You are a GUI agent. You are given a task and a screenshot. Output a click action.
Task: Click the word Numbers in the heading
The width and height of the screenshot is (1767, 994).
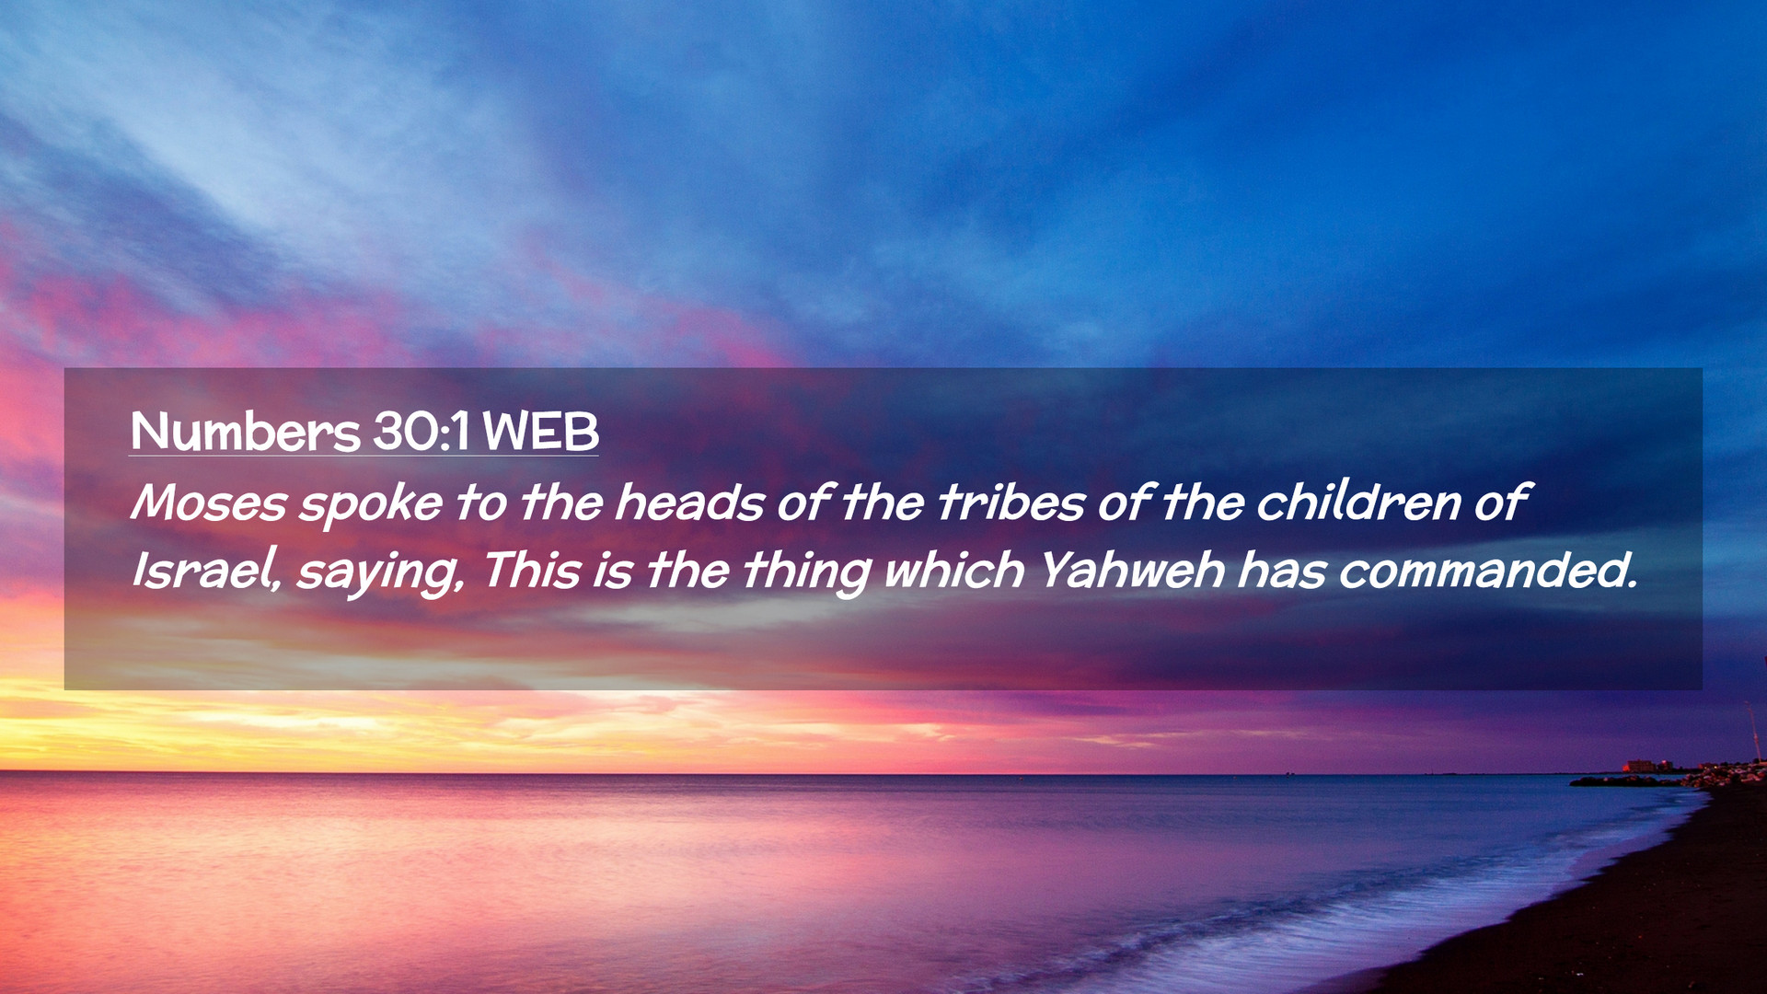[x=245, y=432]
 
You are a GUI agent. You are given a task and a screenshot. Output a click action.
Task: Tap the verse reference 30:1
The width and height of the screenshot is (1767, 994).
[x=422, y=431]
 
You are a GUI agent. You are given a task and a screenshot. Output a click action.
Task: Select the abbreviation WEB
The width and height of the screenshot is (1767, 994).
[x=540, y=431]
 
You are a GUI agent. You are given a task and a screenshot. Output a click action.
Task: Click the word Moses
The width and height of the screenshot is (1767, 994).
[x=209, y=503]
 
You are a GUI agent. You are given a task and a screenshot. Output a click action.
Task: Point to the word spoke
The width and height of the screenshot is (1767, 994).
[x=370, y=505]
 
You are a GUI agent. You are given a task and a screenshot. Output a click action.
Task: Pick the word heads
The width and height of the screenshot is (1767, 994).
[x=689, y=503]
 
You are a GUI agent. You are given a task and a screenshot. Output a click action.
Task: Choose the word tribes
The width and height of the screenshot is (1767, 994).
[x=1011, y=503]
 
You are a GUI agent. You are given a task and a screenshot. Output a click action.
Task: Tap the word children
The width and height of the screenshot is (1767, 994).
[x=1358, y=503]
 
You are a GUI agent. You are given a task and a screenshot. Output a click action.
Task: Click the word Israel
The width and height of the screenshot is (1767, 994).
[x=205, y=571]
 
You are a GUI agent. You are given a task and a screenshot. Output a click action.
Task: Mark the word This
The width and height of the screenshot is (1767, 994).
[x=531, y=571]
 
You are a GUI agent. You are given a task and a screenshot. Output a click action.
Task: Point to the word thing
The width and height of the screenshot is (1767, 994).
[x=805, y=572]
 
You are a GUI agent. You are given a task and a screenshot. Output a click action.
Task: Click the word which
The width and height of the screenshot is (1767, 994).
[x=953, y=571]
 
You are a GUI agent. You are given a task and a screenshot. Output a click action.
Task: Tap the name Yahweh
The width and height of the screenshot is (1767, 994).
[x=1131, y=571]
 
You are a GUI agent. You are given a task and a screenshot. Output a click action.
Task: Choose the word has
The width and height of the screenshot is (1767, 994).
[x=1281, y=571]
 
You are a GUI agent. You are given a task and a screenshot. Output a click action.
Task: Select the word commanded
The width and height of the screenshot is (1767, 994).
[x=1482, y=571]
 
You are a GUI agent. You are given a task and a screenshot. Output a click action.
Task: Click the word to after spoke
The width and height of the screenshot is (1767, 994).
[x=480, y=503]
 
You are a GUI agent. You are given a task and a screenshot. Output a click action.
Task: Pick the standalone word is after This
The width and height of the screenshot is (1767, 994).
[x=612, y=572]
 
